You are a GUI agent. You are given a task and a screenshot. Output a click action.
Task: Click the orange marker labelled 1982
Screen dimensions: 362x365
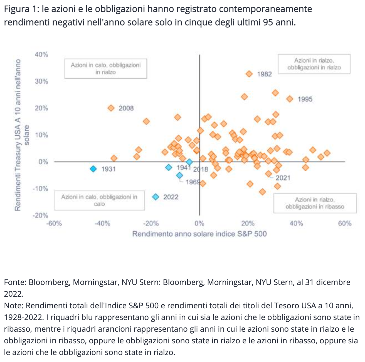pos(249,74)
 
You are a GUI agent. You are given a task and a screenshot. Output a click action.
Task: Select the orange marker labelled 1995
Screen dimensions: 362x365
pos(290,99)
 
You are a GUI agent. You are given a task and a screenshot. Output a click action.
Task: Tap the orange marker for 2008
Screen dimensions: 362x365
pos(111,108)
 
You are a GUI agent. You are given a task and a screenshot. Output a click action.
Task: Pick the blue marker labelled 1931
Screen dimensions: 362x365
pos(93,169)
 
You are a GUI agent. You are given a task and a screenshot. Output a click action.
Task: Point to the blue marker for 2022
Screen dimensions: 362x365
pos(156,197)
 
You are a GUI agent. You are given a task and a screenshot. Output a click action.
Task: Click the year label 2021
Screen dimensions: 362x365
pos(283,178)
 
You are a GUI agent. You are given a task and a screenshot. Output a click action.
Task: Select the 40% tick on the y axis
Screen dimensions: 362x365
pos(41,54)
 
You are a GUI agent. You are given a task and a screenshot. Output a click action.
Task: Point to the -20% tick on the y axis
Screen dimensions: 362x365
pos(41,215)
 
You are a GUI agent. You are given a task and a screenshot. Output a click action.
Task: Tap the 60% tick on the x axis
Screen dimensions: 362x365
pos(345,224)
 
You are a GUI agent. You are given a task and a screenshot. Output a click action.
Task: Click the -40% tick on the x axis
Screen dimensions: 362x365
pos(102,224)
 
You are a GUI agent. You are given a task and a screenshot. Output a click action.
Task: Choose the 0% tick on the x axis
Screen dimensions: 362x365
pos(199,224)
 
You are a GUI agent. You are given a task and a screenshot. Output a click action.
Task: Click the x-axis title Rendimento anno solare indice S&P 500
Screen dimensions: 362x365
pos(199,234)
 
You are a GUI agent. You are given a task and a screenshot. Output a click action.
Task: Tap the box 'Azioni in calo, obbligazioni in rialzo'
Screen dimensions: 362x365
pos(106,68)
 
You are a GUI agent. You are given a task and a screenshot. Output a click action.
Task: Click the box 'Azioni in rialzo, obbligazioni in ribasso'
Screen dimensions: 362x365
pos(315,203)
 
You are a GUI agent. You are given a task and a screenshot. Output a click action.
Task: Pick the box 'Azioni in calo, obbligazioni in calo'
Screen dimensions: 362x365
pos(99,200)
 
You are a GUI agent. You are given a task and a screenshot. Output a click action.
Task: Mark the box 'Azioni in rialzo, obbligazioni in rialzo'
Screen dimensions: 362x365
pos(314,64)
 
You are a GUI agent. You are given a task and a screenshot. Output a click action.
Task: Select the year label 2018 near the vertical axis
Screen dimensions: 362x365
pos(201,169)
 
